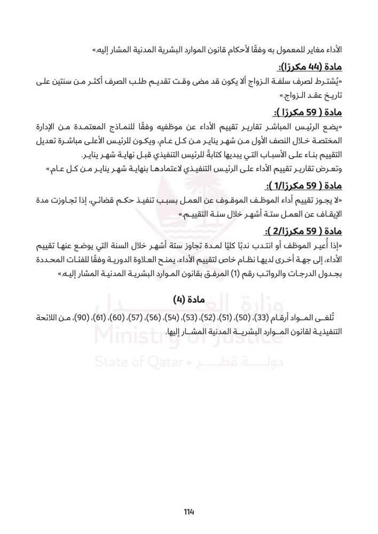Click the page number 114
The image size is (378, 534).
coord(188,511)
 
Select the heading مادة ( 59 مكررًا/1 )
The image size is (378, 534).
coord(306,186)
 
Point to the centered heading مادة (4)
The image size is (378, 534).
coord(188,296)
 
